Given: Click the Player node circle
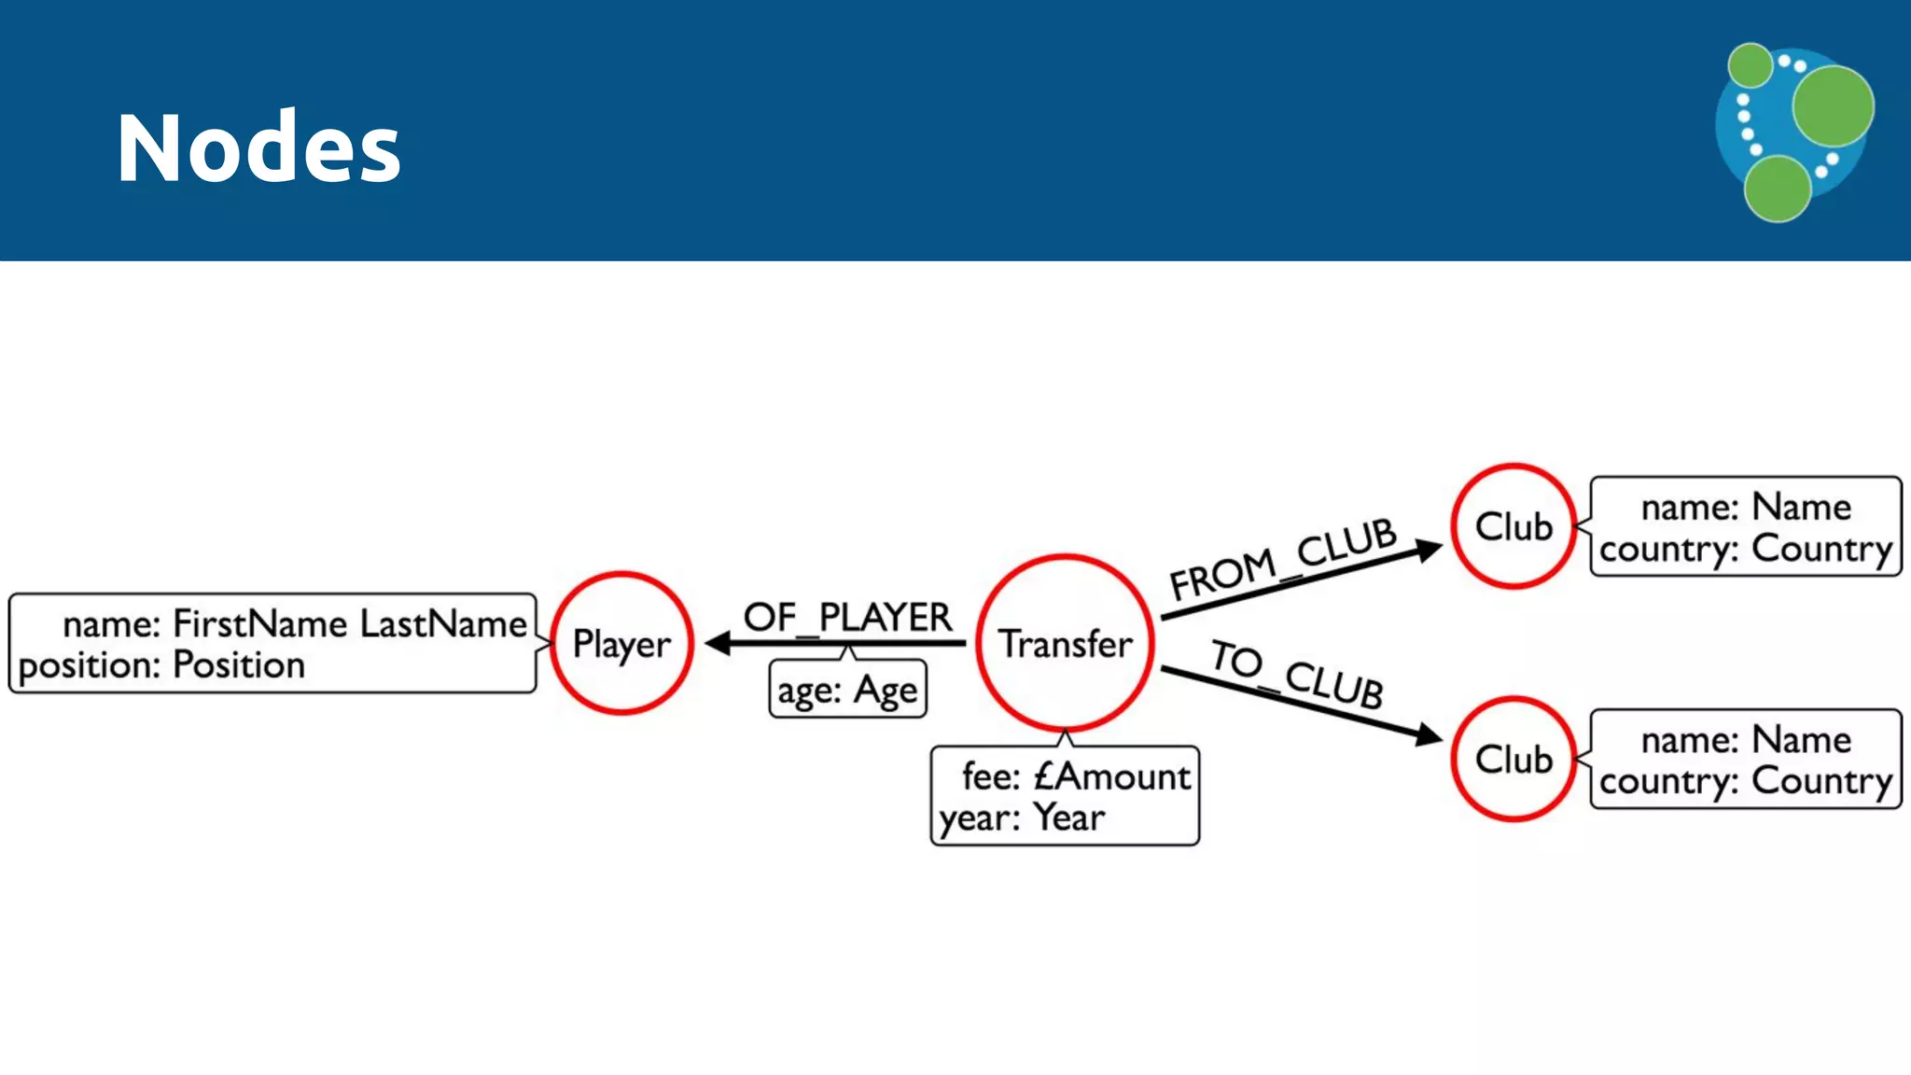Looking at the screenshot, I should (621, 643).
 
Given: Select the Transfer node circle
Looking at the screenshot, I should (1065, 643).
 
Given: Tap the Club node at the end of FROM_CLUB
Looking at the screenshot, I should (1513, 526).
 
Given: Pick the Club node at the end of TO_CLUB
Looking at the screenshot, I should (1513, 759).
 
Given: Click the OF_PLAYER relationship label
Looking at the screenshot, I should (847, 617).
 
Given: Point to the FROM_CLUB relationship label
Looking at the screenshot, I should (1283, 559).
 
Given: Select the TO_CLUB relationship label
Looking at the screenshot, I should (1297, 674).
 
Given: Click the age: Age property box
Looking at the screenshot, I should (847, 691).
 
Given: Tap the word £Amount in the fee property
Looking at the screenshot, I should (1112, 776).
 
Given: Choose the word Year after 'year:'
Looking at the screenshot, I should (1069, 817).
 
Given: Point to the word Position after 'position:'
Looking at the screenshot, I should (239, 665).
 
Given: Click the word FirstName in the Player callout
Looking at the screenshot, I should (260, 623).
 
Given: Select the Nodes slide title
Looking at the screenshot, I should (258, 147).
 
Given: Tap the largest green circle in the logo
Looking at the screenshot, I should (1833, 105).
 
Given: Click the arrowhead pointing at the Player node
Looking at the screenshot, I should (717, 643).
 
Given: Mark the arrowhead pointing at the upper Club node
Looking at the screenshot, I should (1429, 550).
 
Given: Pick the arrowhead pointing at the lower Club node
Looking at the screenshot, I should (1429, 735).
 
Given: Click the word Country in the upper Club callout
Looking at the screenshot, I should (1821, 549).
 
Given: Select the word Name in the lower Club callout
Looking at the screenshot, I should (1802, 740).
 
